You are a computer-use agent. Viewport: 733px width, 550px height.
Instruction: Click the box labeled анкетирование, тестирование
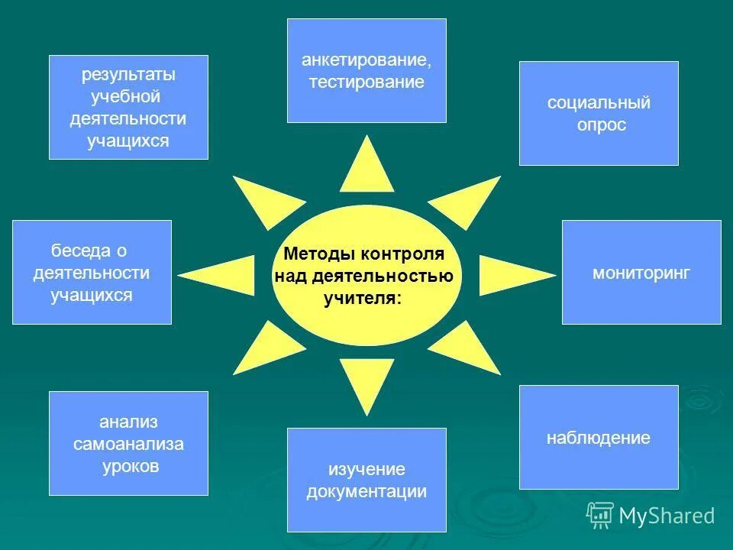(366, 70)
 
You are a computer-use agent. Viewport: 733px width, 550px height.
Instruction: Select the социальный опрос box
(599, 113)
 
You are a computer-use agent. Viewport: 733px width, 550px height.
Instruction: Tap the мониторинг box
(641, 272)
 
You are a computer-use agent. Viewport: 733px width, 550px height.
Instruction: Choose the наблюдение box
(599, 437)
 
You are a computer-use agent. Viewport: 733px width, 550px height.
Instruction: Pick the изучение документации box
(366, 480)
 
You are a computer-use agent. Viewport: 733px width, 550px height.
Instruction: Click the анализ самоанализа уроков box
(128, 443)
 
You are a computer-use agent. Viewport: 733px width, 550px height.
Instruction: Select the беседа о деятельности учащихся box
(92, 272)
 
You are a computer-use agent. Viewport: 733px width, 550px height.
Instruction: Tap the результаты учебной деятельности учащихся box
(128, 107)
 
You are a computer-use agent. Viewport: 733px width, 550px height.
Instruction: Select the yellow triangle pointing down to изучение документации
(367, 382)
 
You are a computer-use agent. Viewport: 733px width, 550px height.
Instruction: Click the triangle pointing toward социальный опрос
(466, 200)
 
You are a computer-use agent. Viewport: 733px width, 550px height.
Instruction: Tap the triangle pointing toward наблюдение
(466, 348)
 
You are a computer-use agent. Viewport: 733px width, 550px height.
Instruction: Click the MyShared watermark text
(667, 516)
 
